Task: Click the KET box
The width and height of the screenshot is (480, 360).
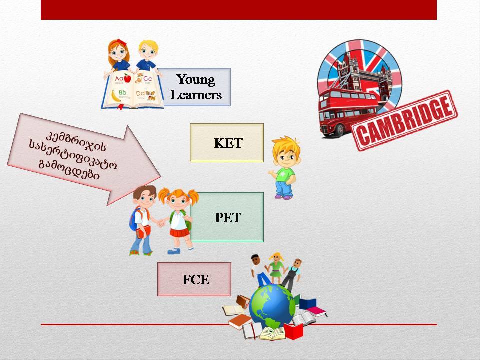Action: (227, 143)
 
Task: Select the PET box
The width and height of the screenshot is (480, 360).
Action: (227, 217)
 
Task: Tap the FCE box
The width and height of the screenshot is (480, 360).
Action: (194, 279)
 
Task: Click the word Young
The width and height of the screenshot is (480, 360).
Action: (196, 80)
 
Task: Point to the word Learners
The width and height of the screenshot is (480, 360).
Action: (196, 95)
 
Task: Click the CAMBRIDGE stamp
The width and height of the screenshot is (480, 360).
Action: (404, 120)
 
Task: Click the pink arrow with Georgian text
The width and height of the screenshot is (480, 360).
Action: (84, 159)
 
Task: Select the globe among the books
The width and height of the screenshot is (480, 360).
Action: (272, 306)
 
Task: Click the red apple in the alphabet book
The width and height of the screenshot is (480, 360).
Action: (127, 78)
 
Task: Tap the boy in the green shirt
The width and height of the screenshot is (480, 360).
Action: (284, 168)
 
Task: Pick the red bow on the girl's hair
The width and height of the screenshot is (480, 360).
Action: (121, 42)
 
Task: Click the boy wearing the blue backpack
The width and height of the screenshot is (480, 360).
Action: (142, 220)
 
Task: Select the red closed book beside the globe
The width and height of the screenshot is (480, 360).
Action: (294, 331)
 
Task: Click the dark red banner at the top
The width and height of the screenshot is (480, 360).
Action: (239, 10)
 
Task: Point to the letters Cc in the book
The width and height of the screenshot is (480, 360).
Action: (147, 79)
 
